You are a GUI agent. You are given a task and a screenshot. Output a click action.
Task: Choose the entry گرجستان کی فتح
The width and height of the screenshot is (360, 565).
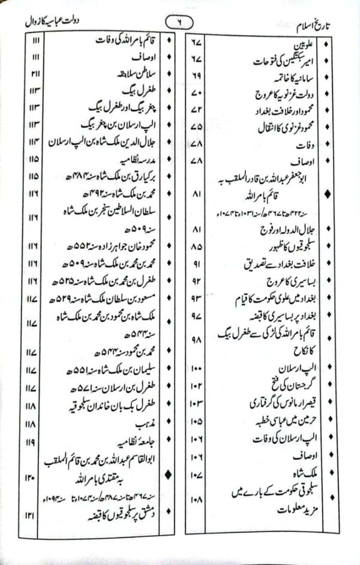[288, 398]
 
